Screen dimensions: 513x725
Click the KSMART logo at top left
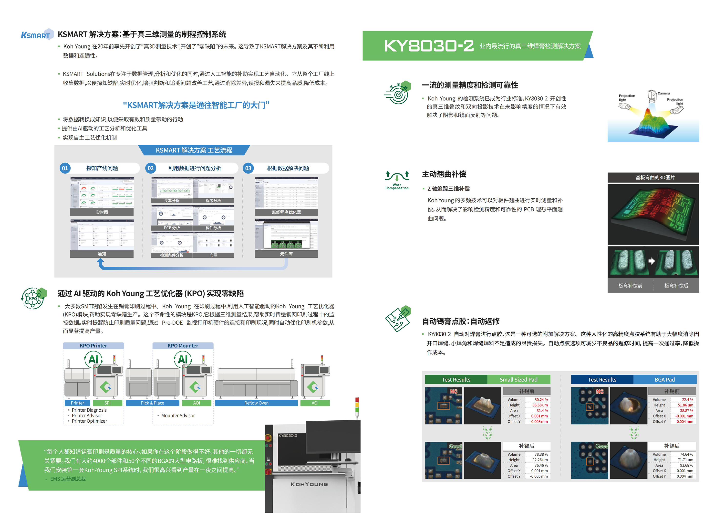[36, 35]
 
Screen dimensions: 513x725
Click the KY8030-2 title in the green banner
[429, 46]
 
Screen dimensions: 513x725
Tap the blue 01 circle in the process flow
[65, 168]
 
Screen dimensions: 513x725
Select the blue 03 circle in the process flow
[248, 168]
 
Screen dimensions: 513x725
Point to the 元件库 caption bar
[286, 254]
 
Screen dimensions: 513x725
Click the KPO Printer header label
[93, 345]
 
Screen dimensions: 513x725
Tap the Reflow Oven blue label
[256, 403]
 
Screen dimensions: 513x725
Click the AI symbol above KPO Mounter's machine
[183, 359]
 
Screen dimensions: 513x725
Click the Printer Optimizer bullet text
[89, 421]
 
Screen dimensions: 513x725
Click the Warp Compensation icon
[397, 180]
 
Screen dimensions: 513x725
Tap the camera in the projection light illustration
[652, 96]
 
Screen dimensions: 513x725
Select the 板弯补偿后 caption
[676, 285]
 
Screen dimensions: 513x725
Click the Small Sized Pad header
[518, 380]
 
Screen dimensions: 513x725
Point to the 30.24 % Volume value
[541, 399]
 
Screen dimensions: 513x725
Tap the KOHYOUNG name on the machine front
[309, 484]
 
